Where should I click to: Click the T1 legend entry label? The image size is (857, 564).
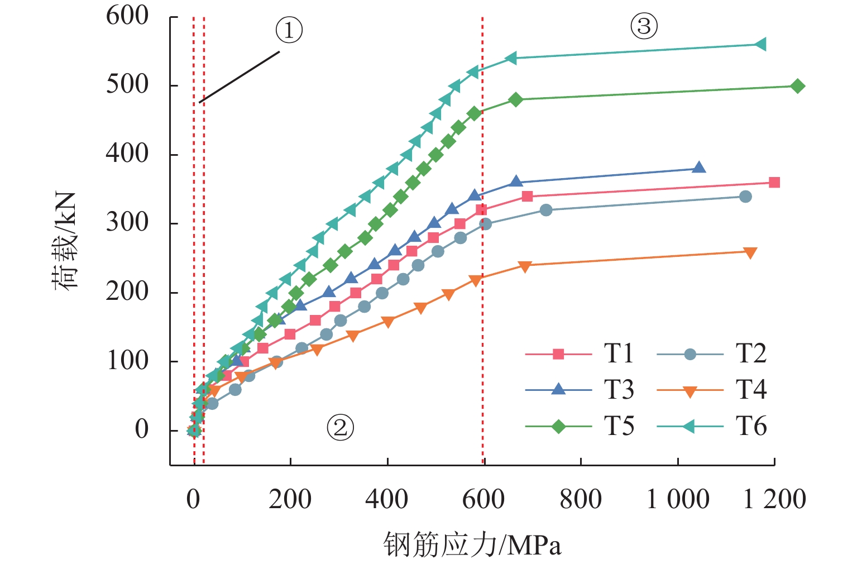point(619,353)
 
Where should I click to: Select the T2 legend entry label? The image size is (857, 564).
point(751,353)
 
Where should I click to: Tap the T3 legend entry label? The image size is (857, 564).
point(619,390)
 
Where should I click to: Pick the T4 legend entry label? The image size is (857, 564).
point(751,390)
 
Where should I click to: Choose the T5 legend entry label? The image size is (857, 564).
point(619,426)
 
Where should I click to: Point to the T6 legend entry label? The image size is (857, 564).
point(751,426)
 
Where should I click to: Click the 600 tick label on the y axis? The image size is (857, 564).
point(127,16)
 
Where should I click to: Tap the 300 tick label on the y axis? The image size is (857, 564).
point(127,223)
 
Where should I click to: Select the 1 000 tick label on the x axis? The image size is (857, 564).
point(677,499)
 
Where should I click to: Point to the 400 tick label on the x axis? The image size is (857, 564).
point(386,499)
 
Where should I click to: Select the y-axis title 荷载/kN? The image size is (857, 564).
point(65,241)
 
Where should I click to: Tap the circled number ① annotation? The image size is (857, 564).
point(289,30)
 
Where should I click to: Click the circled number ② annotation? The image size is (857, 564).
point(340,428)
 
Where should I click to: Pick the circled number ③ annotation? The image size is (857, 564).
point(644,26)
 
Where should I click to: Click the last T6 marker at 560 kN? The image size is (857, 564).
point(760,45)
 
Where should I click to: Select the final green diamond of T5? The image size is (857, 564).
point(797,86)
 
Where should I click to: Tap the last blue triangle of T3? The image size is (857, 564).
point(699,168)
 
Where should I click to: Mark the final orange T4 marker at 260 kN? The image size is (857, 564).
point(750,253)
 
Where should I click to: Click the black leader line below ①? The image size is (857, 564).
point(240,77)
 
